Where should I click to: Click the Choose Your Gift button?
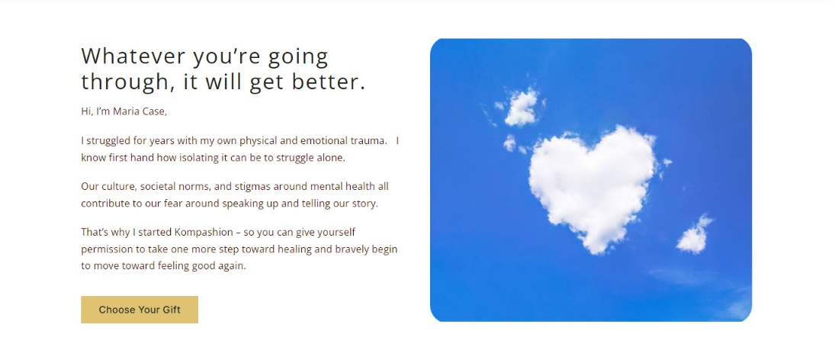pos(140,310)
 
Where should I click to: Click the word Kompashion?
pos(204,232)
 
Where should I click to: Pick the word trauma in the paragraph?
pos(370,141)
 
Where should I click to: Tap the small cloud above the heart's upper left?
pos(521,108)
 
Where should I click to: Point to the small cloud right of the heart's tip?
pos(694,235)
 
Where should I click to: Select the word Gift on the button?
pos(172,310)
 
